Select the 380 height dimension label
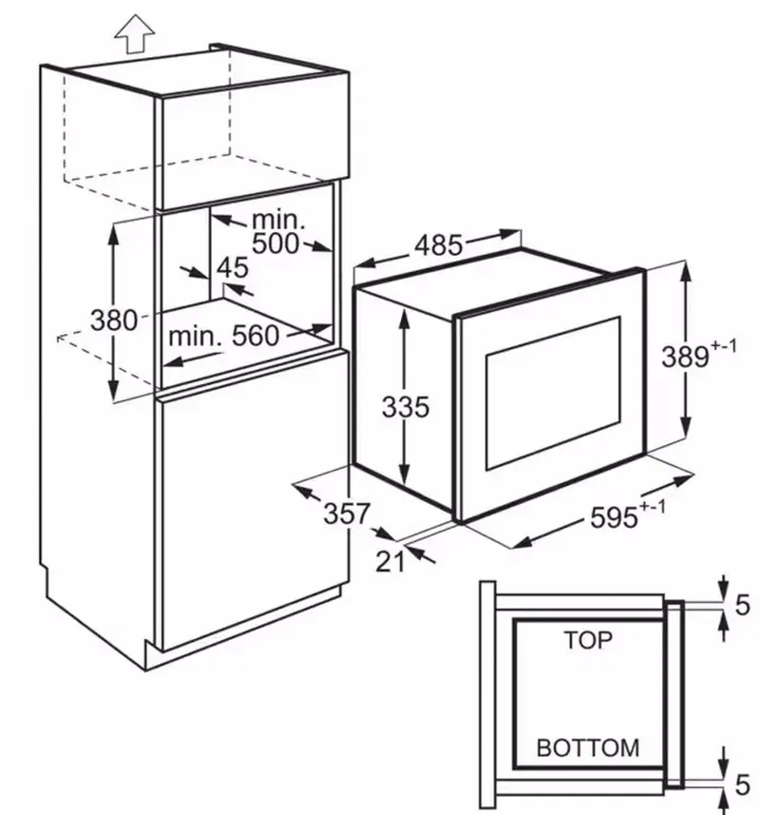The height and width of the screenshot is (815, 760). [x=114, y=320]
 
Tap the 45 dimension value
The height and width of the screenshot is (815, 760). [x=232, y=267]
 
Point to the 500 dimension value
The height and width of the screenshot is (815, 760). [x=275, y=243]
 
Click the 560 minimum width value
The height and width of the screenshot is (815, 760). [x=256, y=336]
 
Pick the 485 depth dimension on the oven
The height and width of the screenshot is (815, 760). [x=438, y=244]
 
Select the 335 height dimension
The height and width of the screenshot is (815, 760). [x=406, y=406]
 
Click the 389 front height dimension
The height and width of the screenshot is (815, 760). [x=685, y=357]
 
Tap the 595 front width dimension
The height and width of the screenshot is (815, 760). [x=614, y=517]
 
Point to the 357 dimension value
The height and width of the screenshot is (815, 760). [x=347, y=514]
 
